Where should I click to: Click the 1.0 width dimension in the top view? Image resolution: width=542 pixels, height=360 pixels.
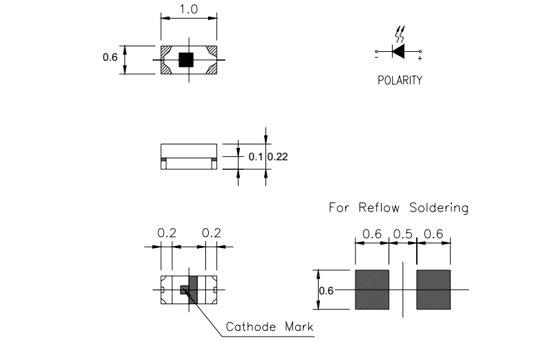coord(188,10)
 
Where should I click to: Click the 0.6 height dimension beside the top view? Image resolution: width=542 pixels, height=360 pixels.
coord(110,58)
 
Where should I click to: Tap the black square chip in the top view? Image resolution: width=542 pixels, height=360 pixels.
coord(185,59)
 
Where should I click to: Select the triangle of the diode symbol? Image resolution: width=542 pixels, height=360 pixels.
coord(398,51)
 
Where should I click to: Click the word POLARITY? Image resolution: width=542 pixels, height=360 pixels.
coord(400,80)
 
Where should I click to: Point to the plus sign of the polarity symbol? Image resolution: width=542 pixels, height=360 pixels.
coord(420,59)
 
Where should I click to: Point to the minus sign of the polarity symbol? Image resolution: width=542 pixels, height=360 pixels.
coord(377,59)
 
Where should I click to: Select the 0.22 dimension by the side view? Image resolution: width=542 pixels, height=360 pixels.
coord(278,157)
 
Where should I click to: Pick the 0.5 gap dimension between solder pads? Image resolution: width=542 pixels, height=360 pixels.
coord(404,235)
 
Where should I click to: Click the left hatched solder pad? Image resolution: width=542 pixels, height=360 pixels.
coord(372,290)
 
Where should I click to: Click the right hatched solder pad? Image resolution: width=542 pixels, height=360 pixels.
coord(433,290)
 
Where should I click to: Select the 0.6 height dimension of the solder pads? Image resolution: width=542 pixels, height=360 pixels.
coord(326,290)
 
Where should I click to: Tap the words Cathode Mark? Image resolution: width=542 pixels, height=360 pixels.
coord(270,327)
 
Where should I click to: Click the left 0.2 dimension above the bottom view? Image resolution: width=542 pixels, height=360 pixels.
coord(167,234)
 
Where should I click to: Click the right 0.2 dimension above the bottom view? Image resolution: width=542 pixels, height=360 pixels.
coord(211,234)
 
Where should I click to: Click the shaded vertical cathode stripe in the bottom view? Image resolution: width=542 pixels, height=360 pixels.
coord(193,290)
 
